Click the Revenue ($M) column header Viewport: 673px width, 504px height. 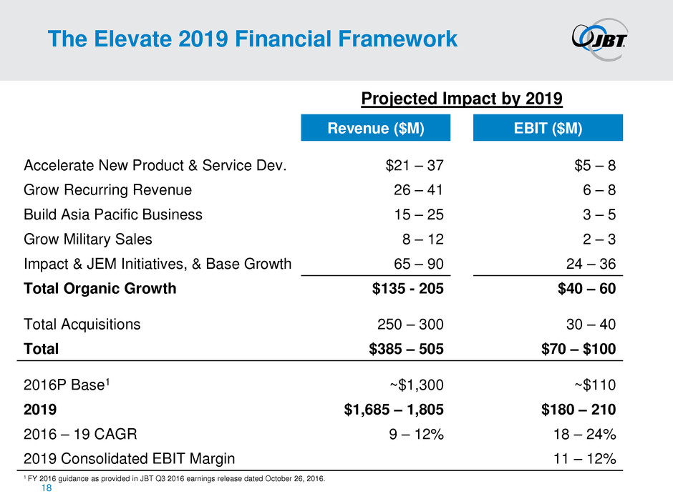(x=376, y=128)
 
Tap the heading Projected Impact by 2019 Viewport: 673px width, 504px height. (x=461, y=97)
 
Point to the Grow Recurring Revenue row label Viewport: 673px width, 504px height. (x=108, y=190)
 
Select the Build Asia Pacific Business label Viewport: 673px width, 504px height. (x=113, y=214)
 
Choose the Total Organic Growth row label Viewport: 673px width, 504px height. (x=100, y=290)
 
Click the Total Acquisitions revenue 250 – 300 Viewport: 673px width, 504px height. (x=410, y=324)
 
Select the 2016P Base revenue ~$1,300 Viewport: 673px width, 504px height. (x=416, y=385)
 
